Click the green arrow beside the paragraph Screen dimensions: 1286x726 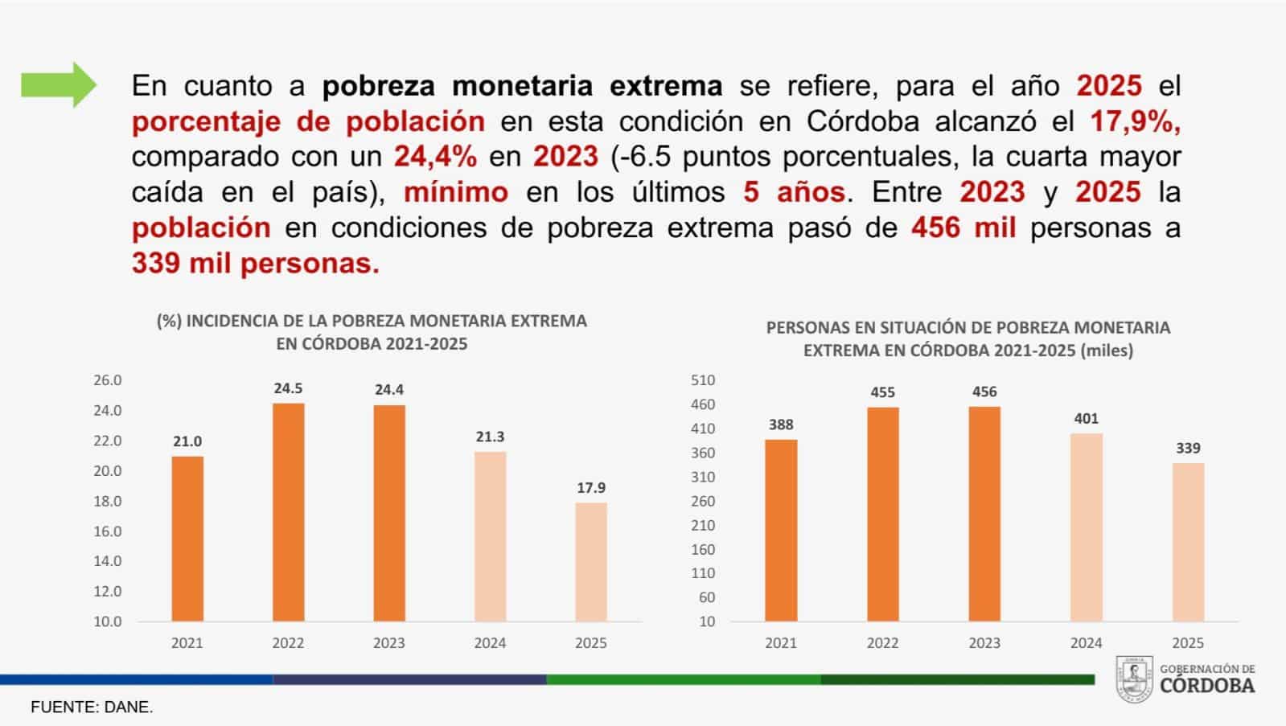pos(59,85)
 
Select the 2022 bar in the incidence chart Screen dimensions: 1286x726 pos(288,512)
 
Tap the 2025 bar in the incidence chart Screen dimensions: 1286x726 pos(591,562)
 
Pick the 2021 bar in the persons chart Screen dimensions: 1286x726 pos(781,531)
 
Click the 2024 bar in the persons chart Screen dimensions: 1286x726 pos(1087,527)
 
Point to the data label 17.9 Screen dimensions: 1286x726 pos(591,488)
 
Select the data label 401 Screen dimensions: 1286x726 pos(1087,418)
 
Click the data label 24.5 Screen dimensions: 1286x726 pos(288,388)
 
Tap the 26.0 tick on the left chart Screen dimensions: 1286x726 pos(107,380)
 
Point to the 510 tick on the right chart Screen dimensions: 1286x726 pos(703,380)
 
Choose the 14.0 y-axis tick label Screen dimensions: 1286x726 pos(107,560)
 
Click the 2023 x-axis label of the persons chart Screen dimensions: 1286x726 pos(984,642)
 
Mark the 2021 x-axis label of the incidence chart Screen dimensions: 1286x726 pos(187,642)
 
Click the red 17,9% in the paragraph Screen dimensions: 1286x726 pos(1135,121)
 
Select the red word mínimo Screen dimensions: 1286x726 pos(456,192)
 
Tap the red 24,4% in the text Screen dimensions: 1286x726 pos(435,157)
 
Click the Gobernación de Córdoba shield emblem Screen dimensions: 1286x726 pos(1134,679)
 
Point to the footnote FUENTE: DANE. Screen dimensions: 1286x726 pos(92,707)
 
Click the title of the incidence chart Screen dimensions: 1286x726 pos(372,332)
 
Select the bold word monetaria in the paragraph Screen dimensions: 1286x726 pos(523,86)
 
